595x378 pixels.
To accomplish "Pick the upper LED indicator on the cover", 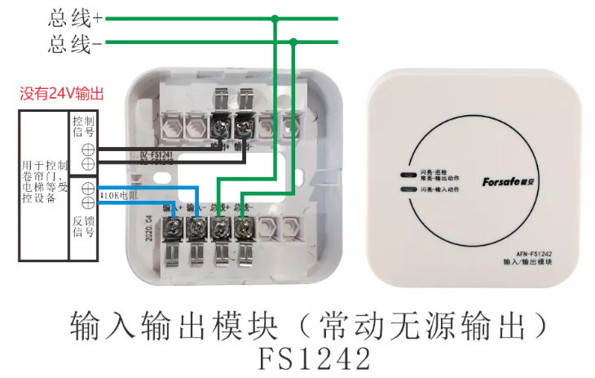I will coord(405,174).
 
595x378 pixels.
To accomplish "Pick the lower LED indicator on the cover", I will coord(405,189).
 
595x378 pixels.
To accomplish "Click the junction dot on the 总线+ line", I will coord(275,18).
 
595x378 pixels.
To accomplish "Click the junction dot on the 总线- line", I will coord(293,42).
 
